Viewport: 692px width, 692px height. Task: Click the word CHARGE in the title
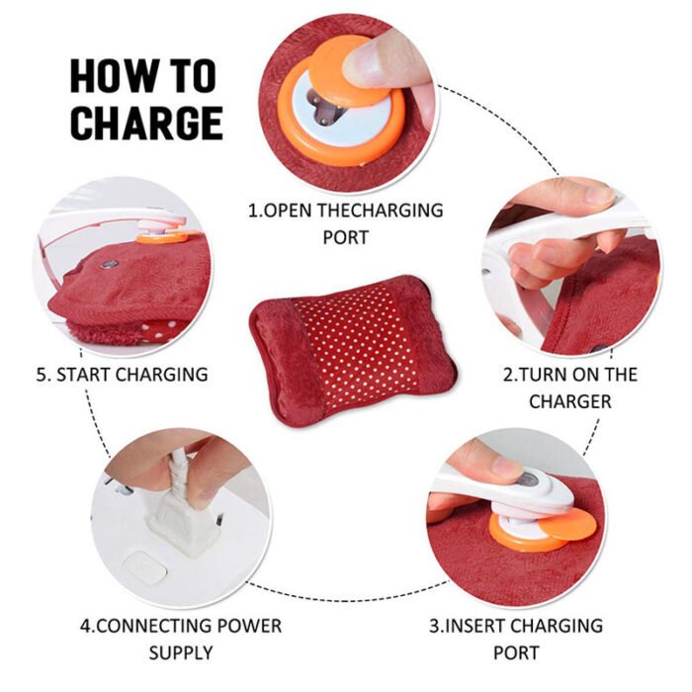[145, 122]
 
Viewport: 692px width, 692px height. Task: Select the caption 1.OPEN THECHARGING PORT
[345, 223]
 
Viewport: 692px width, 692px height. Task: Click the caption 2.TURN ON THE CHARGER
[569, 388]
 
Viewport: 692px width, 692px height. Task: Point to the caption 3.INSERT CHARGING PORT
[516, 639]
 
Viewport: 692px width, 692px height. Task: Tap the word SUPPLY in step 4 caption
[180, 652]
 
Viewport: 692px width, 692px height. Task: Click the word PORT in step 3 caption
[516, 652]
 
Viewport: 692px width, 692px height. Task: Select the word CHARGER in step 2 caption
[569, 401]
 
